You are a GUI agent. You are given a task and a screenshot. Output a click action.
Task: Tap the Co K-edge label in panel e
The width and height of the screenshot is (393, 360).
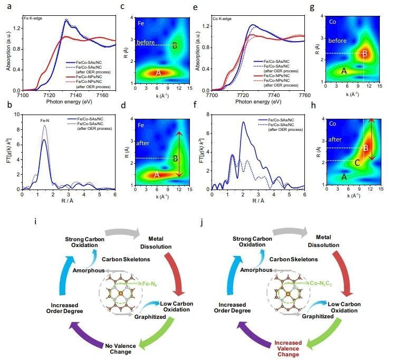point(223,18)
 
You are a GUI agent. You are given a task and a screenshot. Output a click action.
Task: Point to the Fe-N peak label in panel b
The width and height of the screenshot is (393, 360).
point(45,121)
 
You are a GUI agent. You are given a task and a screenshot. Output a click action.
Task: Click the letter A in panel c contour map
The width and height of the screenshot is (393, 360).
point(158,73)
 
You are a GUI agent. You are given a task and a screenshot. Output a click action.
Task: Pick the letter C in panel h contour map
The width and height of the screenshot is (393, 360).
point(357,163)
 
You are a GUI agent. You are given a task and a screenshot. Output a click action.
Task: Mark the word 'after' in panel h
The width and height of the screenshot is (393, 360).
point(334,139)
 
